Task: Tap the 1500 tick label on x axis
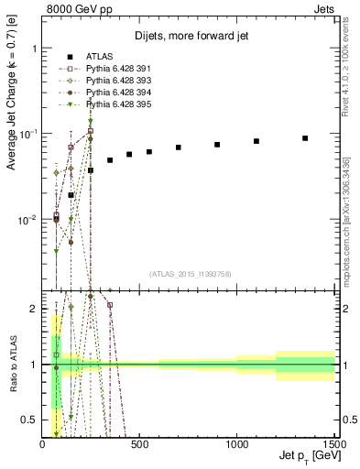click(335, 444)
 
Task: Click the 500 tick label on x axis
click(140, 444)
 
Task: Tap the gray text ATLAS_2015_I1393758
click(191, 273)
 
